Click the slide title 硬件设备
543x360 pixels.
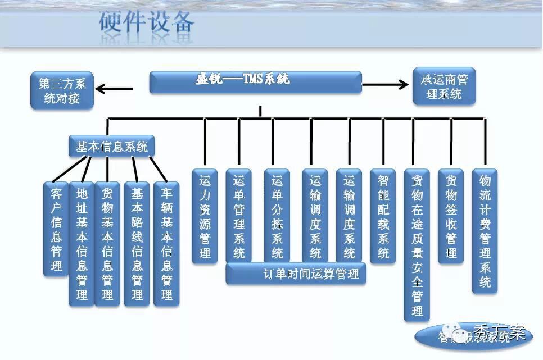[x=147, y=22]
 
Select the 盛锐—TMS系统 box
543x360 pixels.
[x=255, y=82]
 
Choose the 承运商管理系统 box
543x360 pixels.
[x=444, y=86]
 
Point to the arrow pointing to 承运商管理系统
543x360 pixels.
[x=386, y=85]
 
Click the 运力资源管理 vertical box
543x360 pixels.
[x=205, y=216]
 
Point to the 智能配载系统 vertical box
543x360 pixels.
[x=383, y=216]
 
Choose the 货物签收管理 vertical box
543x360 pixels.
[x=450, y=216]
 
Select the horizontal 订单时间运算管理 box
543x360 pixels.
[x=296, y=275]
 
